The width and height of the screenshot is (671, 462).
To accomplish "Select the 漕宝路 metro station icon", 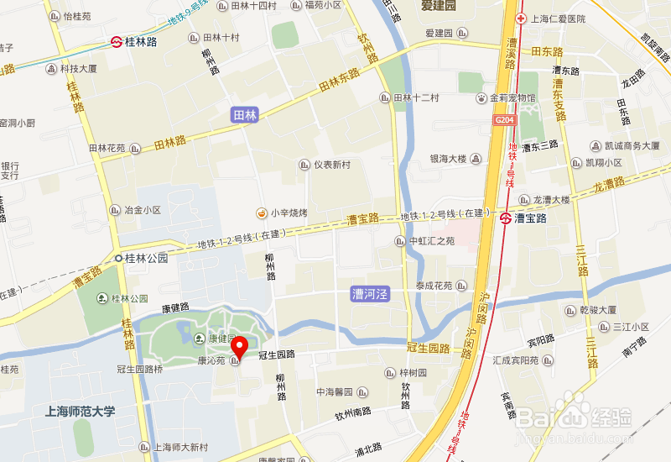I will coord(506,218).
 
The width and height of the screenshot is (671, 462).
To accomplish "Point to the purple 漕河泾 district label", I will coord(370,295).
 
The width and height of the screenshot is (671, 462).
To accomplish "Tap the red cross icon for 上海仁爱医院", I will coord(521,18).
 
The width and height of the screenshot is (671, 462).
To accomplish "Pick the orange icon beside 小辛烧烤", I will coord(262,213).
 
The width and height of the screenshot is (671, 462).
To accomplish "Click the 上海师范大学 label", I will coord(81,412).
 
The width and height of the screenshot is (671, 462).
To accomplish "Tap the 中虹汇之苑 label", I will coord(431,241).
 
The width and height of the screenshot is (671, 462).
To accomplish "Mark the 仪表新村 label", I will coord(331,165).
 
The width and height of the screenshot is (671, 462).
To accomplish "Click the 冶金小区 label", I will coord(142,210).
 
